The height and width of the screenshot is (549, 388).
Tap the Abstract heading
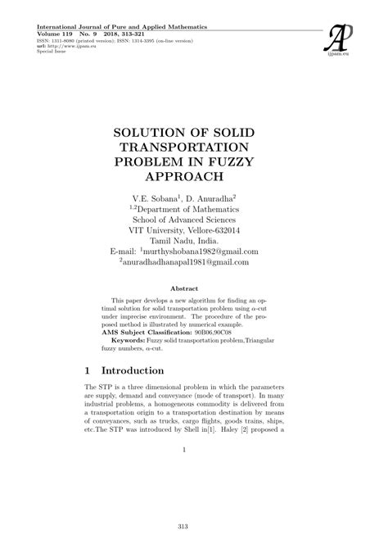point(194,289)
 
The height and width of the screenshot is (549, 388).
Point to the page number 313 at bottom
point(194,526)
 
